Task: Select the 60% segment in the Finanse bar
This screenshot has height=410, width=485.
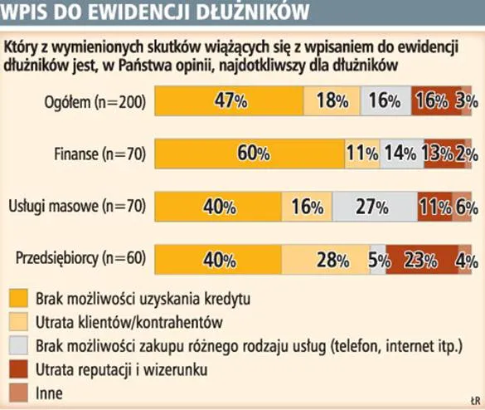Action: [x=250, y=154]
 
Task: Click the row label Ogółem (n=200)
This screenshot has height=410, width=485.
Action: [x=95, y=102]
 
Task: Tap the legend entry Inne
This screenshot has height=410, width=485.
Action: [x=49, y=392]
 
